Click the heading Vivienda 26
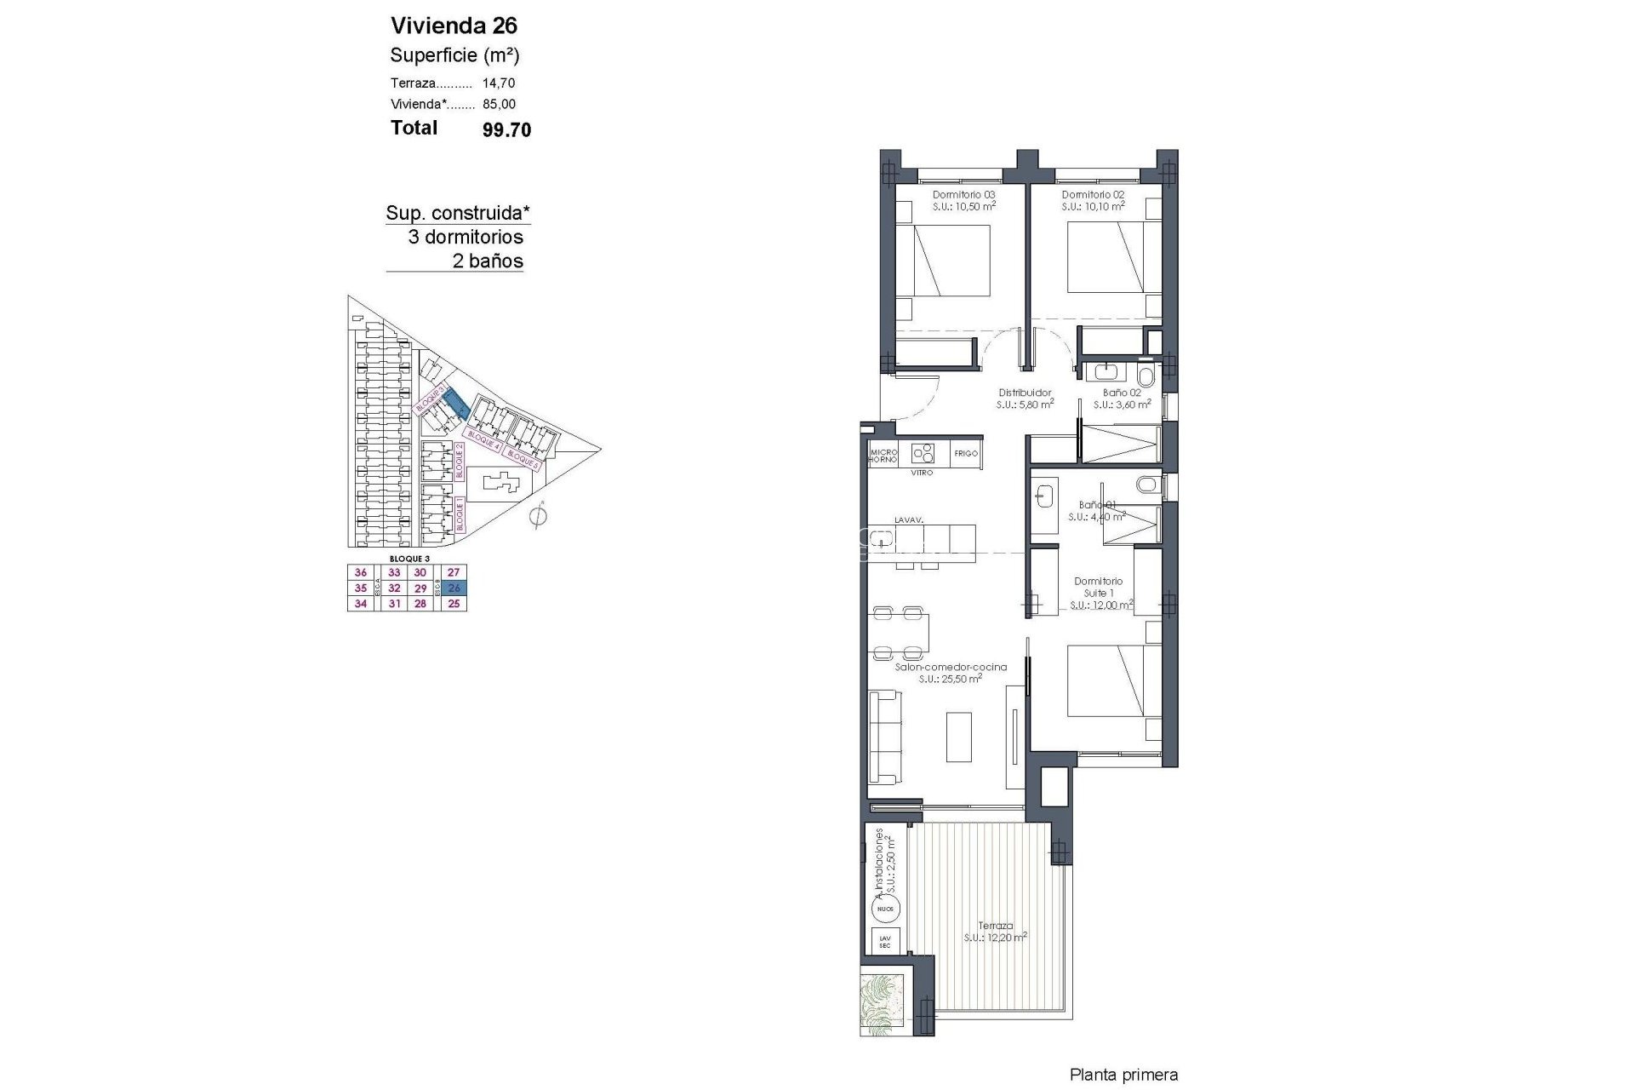454,25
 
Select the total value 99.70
506,129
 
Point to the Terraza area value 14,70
499,83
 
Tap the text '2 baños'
488,261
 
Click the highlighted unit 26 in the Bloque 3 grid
454,588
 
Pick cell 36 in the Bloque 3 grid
361,573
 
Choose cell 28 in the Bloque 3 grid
420,604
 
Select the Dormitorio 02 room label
1093,195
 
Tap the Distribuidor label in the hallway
1025,393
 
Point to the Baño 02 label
1122,393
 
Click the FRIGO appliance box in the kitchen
966,454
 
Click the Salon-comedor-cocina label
951,668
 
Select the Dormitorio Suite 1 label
1098,588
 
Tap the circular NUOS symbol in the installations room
885,909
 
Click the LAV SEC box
885,941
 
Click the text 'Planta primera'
1123,1076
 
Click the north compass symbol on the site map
537,516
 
